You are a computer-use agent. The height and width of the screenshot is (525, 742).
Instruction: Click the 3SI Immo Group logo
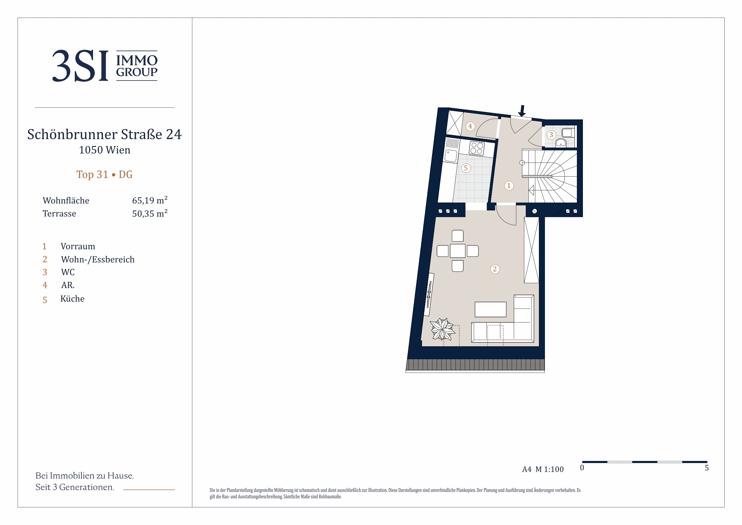click(105, 66)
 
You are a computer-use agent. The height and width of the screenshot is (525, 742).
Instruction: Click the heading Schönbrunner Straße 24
click(104, 134)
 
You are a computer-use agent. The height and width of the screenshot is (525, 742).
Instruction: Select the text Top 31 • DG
click(104, 175)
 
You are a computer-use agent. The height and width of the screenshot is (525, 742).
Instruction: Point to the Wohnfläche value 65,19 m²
click(150, 200)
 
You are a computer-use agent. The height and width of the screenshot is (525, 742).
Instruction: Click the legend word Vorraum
click(78, 247)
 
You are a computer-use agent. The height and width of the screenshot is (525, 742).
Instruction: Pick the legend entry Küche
click(72, 298)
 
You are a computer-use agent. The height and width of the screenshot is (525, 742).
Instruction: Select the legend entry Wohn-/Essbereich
click(97, 260)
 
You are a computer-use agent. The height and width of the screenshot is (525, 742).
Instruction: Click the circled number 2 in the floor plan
click(495, 269)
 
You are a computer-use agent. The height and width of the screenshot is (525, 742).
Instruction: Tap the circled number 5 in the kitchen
click(466, 168)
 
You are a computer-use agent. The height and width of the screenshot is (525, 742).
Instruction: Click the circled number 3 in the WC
click(551, 135)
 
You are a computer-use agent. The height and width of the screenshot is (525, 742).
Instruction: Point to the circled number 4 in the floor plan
click(470, 126)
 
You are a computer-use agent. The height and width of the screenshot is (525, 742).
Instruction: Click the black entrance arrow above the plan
click(522, 111)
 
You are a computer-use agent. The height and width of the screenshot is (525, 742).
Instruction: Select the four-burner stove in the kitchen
click(477, 148)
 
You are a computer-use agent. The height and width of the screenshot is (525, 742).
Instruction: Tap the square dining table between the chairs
click(458, 251)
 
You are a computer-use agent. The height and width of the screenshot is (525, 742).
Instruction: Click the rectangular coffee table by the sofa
click(490, 309)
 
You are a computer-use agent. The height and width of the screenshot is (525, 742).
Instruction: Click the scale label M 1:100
click(549, 469)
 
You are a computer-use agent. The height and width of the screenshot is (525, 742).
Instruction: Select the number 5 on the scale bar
click(707, 468)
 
